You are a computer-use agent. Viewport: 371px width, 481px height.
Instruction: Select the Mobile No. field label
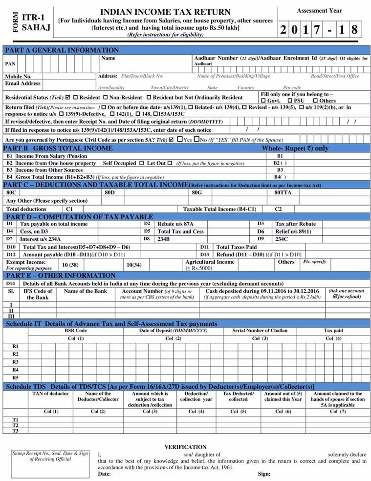coord(18,77)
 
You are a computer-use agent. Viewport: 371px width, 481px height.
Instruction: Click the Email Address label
coord(23,84)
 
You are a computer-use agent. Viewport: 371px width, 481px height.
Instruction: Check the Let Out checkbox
coord(169,163)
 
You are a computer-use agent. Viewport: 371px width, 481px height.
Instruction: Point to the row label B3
coord(9,170)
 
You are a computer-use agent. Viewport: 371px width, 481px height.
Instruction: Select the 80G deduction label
coord(197,192)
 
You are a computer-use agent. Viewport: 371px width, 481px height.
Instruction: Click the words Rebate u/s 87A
coord(175,224)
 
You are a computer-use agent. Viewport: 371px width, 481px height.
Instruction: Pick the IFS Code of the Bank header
coord(38,294)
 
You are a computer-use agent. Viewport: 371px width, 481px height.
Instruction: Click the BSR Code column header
coord(76,331)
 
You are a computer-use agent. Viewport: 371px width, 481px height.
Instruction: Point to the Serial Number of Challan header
coord(260,331)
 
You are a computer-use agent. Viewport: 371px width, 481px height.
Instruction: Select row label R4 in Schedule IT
coord(15,370)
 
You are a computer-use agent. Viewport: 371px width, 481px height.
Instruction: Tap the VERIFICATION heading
coord(185,447)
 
